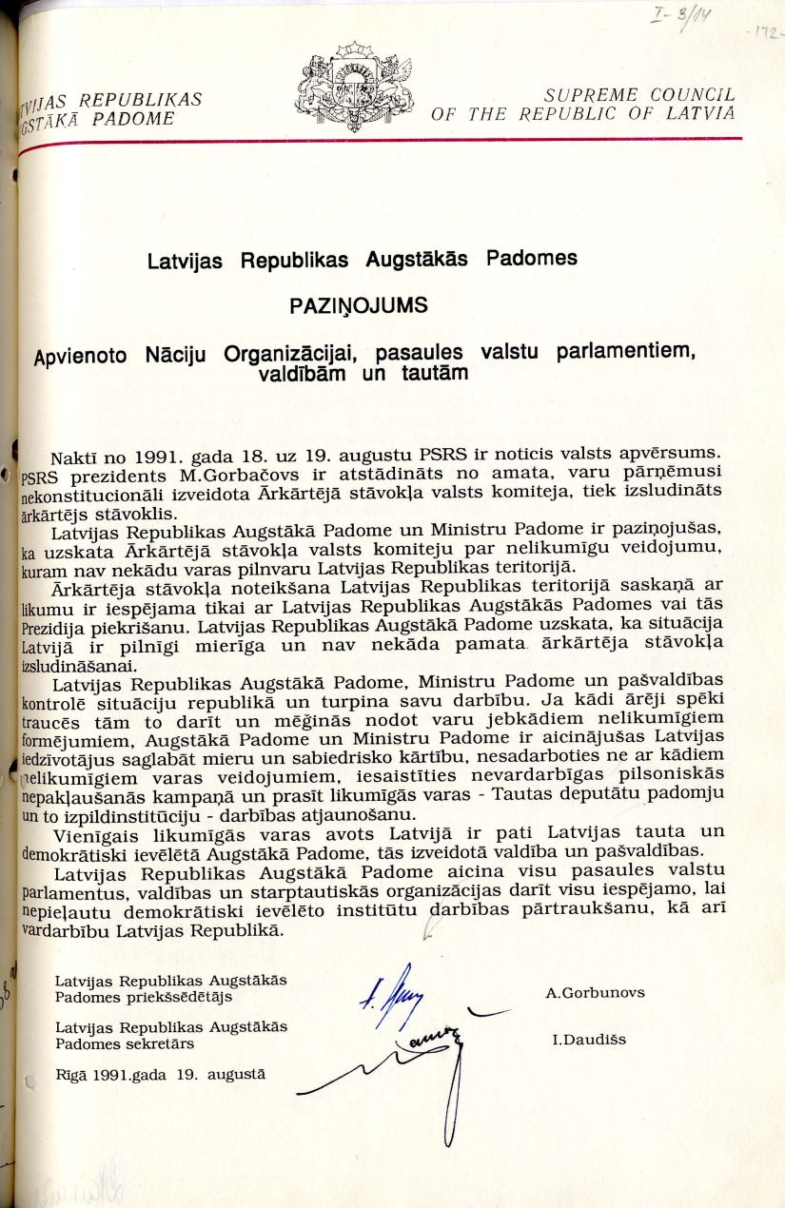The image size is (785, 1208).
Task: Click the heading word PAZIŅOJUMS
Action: (359, 306)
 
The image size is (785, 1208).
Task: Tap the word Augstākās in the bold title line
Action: (416, 259)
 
